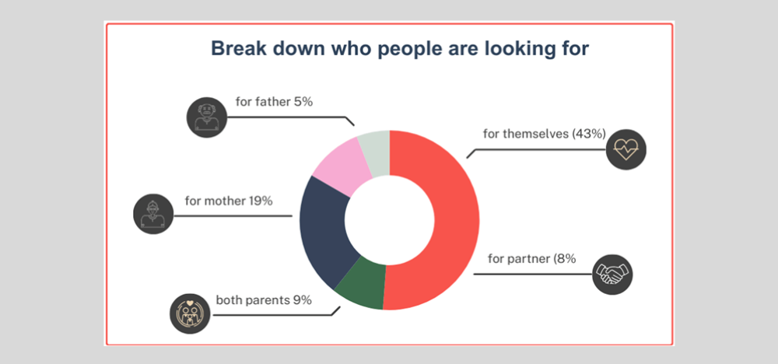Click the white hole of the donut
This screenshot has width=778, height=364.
pyautogui.click(x=389, y=220)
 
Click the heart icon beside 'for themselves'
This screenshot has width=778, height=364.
pyautogui.click(x=626, y=149)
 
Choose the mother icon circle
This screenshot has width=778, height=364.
pyautogui.click(x=151, y=212)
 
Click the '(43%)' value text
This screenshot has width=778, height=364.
pyautogui.click(x=589, y=134)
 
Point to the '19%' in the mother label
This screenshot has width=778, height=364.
pyautogui.click(x=261, y=201)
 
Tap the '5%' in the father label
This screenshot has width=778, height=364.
pyautogui.click(x=303, y=101)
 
